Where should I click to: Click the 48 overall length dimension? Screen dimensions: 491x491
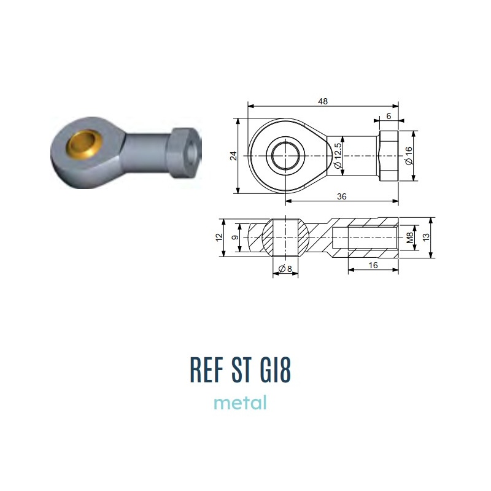pyautogui.click(x=323, y=101)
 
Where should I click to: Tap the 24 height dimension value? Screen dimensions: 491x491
pyautogui.click(x=234, y=156)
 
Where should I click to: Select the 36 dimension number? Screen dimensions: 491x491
pyautogui.click(x=342, y=196)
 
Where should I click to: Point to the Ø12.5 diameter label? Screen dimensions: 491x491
pyautogui.click(x=338, y=156)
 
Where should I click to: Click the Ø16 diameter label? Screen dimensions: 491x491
pyautogui.click(x=409, y=156)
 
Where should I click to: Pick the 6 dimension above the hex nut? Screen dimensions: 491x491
pyautogui.click(x=389, y=116)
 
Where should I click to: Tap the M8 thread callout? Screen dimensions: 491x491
pyautogui.click(x=410, y=238)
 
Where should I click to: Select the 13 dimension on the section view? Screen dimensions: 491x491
pyautogui.click(x=426, y=238)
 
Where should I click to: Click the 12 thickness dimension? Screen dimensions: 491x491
pyautogui.click(x=219, y=238)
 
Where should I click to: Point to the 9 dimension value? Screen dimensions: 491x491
pyautogui.click(x=235, y=238)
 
